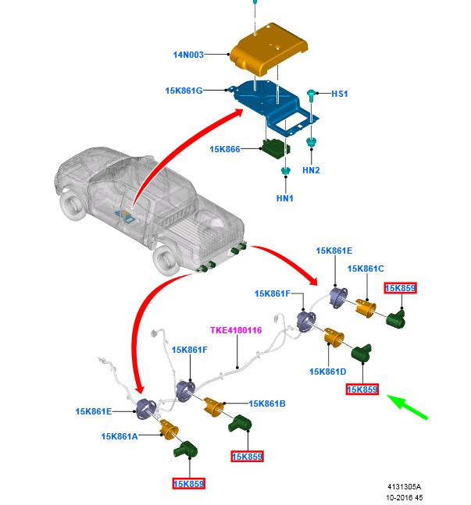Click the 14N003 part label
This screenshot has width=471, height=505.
pos(188,55)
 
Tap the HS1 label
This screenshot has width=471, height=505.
pos(340,94)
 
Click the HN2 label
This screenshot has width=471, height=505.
pos(311,170)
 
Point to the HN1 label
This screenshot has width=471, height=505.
pos(285,198)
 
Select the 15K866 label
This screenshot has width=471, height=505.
pos(225,148)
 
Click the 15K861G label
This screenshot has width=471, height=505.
pos(184,91)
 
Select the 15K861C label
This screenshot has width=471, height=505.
pos(366,269)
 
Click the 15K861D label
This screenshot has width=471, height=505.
pos(327,372)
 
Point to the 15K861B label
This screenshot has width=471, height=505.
pos(267,404)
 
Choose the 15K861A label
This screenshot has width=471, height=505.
pos(120,436)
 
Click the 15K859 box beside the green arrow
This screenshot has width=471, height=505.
pos(362,389)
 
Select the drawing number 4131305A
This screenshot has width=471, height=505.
pos(403,485)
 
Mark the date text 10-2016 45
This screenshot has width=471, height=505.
pos(403,497)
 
